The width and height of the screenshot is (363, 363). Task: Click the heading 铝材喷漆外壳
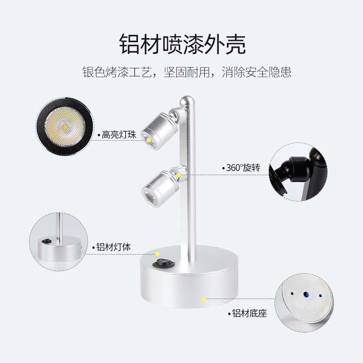pyautogui.click(x=181, y=44)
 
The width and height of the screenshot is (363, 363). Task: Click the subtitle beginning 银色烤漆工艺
pyautogui.click(x=186, y=72)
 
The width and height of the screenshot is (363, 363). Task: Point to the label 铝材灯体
pyautogui.click(x=113, y=248)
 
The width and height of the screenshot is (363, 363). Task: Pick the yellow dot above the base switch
pyautogui.click(x=158, y=254)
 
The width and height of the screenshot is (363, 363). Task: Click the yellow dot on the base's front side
pyautogui.click(x=204, y=299)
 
